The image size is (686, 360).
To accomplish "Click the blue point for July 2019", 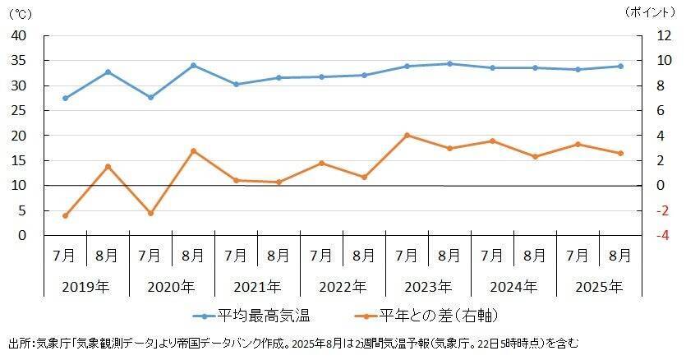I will [65, 98].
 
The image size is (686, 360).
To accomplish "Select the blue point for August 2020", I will [193, 66].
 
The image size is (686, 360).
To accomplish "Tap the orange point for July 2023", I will [407, 136].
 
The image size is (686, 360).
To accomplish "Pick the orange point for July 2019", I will [65, 215].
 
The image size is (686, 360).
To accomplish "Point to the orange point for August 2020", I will [193, 150].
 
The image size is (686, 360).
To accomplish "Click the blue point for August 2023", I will [449, 63].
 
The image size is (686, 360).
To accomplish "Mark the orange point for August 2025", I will [620, 153].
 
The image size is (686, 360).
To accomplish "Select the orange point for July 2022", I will [321, 163].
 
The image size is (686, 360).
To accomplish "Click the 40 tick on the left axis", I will [19, 36].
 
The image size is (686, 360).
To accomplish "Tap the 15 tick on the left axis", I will [19, 161].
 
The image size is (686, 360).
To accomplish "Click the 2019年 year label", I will [86, 287].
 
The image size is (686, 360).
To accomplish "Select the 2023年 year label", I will [428, 287].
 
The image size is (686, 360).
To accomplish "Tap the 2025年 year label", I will [599, 287].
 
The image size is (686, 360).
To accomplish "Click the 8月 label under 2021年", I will [279, 256].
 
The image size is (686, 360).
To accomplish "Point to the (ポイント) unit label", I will [652, 12].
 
